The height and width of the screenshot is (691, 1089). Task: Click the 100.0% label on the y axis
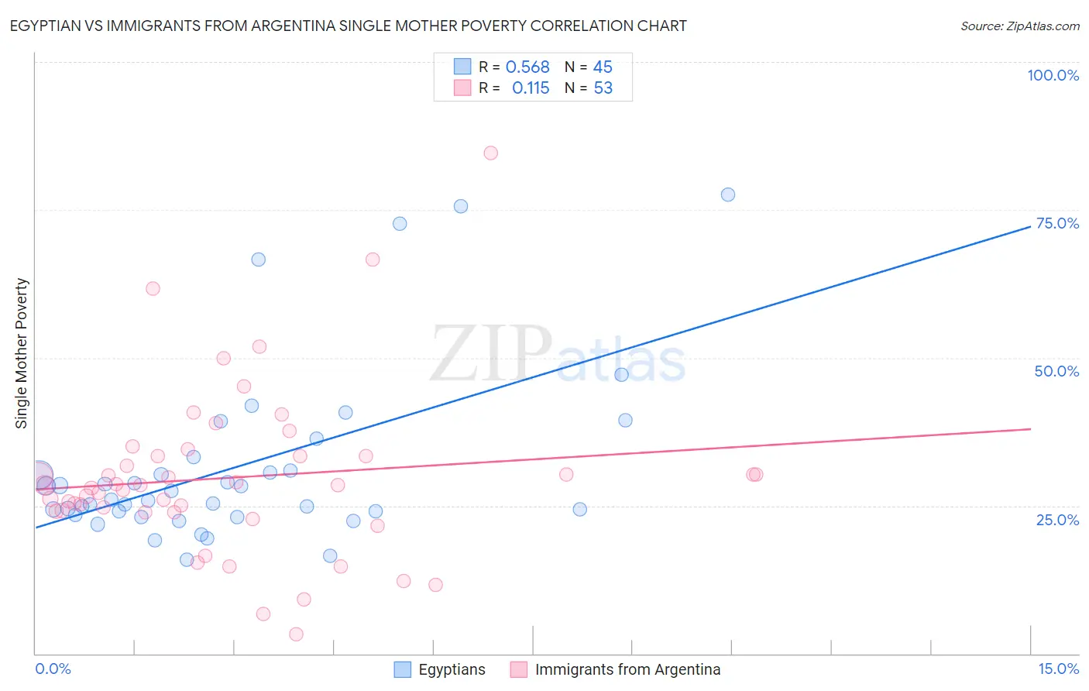point(1053,75)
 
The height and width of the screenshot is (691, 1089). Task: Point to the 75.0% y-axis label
point(1057,223)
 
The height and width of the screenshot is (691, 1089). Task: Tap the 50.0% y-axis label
point(1056,371)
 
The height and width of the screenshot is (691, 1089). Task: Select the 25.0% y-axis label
point(1057,520)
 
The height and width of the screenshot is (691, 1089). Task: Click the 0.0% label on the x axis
point(53,669)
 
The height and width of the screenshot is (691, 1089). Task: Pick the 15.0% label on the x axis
point(1058,669)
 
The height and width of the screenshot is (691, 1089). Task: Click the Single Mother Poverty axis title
point(22,353)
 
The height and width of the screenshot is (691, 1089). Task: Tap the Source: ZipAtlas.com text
point(1019,26)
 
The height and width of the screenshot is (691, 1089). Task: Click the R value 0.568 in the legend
point(527,67)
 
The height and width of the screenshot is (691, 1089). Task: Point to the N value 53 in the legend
point(603,88)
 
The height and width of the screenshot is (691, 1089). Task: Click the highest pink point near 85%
point(490,153)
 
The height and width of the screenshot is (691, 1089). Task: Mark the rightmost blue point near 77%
point(727,194)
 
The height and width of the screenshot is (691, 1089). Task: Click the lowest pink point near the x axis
point(296,634)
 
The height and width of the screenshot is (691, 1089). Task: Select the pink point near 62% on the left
point(153,288)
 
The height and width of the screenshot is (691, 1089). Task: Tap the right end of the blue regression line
point(1030,225)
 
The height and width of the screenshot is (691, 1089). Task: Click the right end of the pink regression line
point(1030,428)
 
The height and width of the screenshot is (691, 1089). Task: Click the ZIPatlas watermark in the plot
point(558,355)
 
